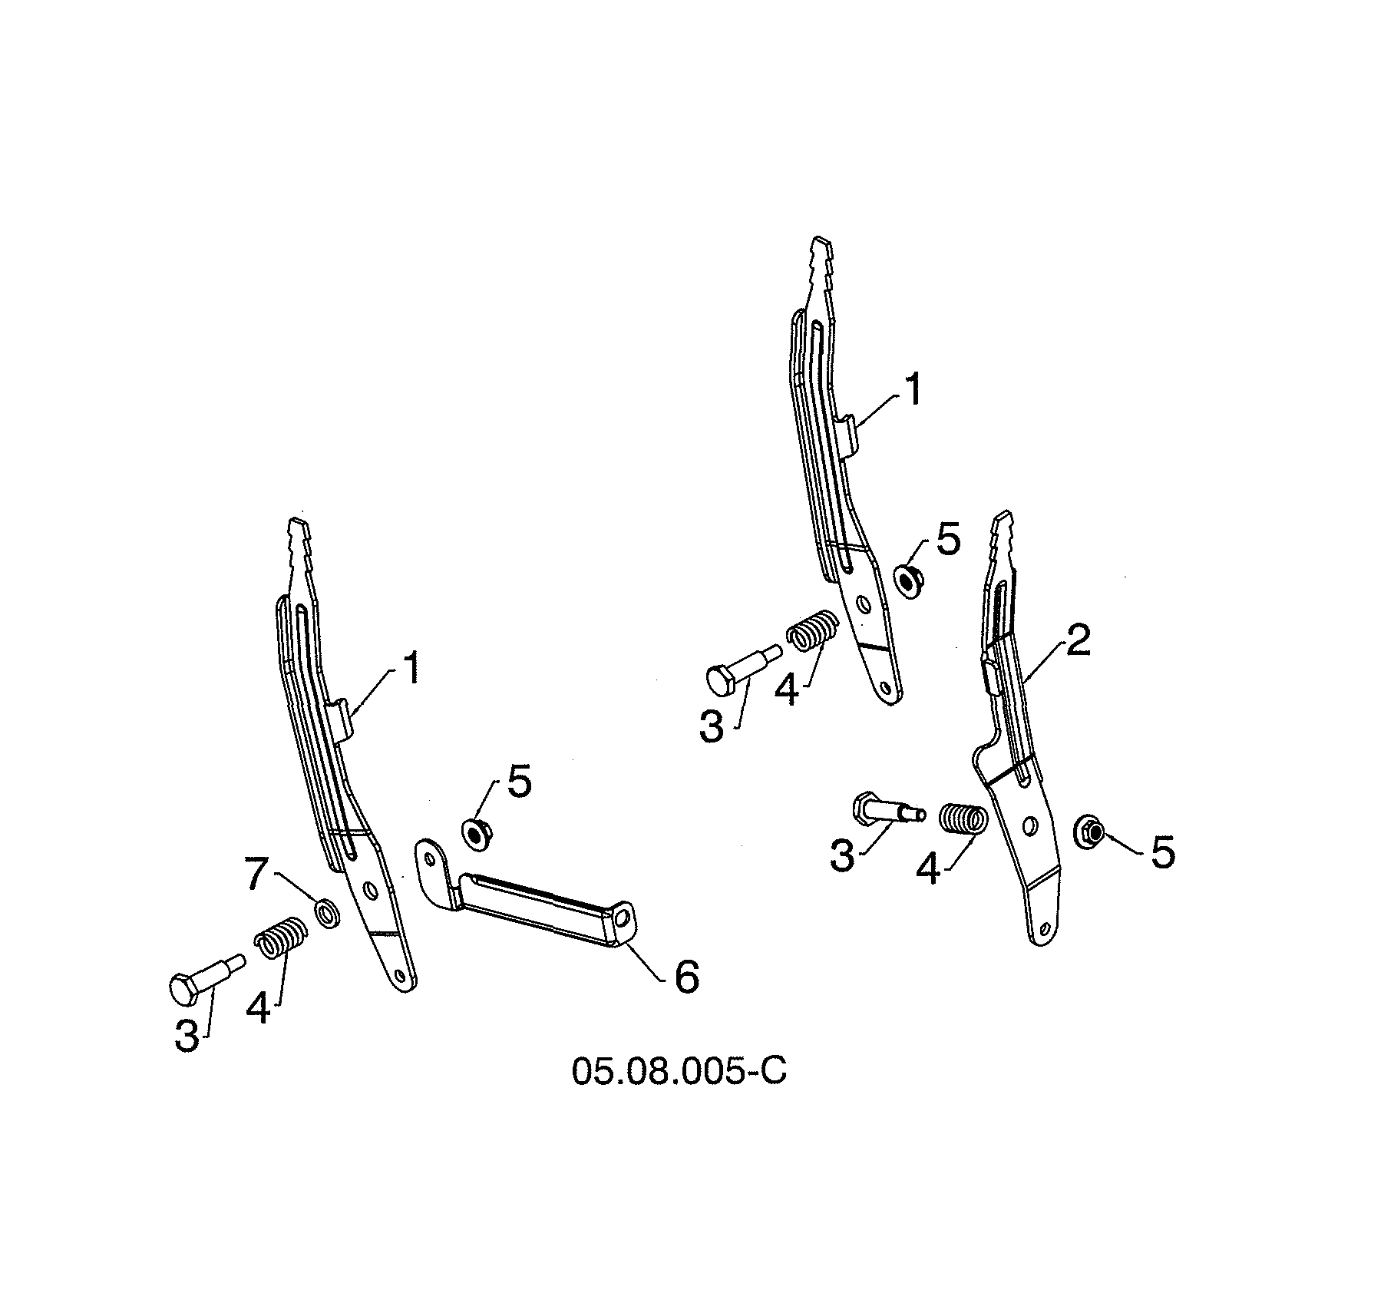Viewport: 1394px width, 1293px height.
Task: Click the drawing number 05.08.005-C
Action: (679, 1071)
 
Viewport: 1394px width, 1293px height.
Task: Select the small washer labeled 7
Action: (328, 914)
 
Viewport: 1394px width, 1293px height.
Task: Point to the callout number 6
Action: (685, 977)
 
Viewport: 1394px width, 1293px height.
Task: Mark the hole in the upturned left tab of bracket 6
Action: (428, 855)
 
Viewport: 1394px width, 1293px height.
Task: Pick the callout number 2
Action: (1078, 642)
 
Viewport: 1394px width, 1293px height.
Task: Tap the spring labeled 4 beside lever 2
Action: (962, 819)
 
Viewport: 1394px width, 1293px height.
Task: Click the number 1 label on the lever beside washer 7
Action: (411, 669)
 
